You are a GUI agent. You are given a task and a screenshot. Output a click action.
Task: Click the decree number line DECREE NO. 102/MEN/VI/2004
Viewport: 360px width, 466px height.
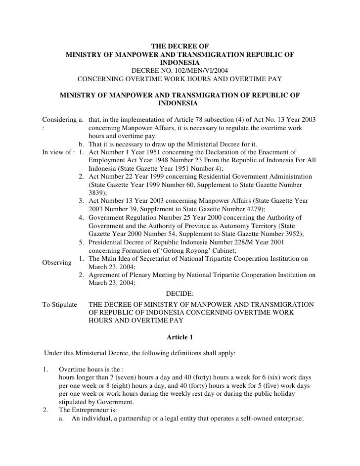pos(180,71)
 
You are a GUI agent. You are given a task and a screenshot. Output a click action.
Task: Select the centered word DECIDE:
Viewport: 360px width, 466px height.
pos(180,294)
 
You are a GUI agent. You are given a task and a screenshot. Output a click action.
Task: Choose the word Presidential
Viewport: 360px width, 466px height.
pos(109,242)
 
